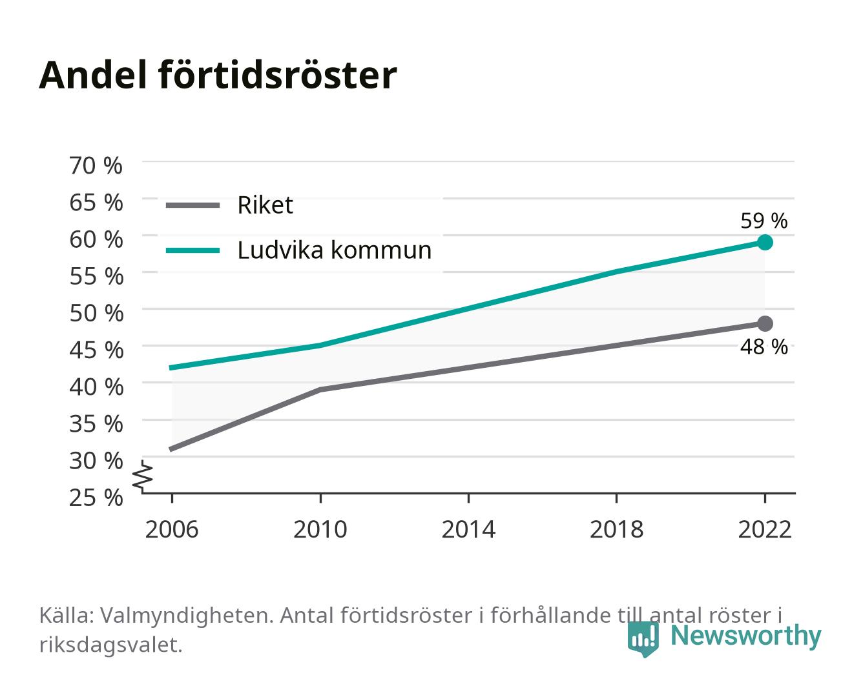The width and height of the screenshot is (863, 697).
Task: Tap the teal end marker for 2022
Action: click(765, 242)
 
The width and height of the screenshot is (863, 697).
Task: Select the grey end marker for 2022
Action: click(765, 323)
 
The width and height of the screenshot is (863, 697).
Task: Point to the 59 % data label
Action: click(764, 221)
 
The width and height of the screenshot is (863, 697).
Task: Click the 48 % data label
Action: click(764, 347)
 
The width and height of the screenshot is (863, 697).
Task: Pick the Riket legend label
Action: click(265, 205)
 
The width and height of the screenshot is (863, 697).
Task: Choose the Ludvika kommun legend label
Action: click(334, 250)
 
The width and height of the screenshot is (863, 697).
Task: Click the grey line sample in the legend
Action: click(193, 205)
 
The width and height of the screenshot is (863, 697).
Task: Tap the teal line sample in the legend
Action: click(193, 250)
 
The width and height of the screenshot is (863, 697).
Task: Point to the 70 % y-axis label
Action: click(96, 166)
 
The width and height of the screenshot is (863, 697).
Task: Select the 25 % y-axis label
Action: click(96, 498)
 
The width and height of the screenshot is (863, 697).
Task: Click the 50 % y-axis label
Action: click(96, 313)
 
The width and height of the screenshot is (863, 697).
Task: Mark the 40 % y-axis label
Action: click(96, 387)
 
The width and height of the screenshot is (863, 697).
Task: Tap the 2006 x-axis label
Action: click(172, 529)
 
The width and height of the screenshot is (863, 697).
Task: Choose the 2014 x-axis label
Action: click(468, 529)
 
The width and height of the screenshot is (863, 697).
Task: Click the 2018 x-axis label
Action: click(616, 529)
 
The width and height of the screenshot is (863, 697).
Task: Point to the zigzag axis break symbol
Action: click(143, 476)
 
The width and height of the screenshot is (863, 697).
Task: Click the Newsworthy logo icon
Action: click(643, 639)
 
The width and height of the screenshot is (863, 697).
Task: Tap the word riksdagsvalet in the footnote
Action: click(110, 645)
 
